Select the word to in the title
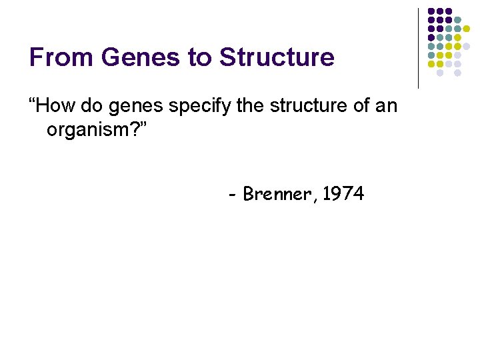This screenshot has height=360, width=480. [199, 57]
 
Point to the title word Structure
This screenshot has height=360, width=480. [277, 57]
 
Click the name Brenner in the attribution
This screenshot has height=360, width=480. [278, 195]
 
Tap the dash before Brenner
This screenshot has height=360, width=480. [232, 196]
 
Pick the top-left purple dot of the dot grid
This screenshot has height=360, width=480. [431, 12]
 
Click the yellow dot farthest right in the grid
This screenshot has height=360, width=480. [466, 29]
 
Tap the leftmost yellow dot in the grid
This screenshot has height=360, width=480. [431, 64]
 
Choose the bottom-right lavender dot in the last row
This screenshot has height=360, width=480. [457, 73]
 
